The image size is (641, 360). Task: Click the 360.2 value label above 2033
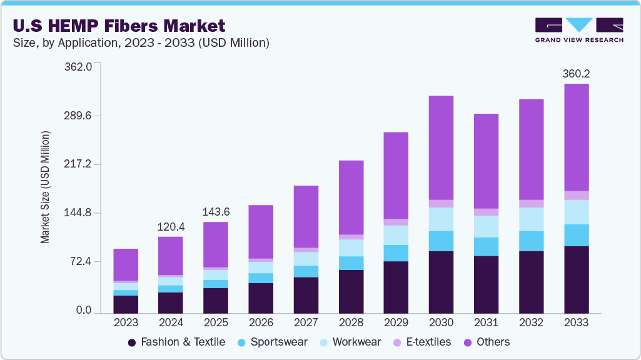(576, 74)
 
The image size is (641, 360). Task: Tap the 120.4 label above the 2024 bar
(171, 226)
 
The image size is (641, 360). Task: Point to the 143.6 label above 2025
(216, 212)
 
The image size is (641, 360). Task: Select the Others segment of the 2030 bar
(441, 147)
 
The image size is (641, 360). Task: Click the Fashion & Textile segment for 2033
(576, 279)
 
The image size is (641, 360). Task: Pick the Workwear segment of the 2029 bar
(396, 235)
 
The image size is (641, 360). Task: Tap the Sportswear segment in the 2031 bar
(486, 246)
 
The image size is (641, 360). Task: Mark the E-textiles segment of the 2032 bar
(531, 204)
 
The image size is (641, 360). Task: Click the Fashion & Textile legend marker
(132, 342)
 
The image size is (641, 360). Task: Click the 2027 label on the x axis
(306, 323)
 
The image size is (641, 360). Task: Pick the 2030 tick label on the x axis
(441, 323)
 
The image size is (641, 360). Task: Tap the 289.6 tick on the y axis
(78, 116)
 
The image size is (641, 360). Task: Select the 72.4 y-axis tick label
(81, 261)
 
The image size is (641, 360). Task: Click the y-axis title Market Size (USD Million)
(45, 187)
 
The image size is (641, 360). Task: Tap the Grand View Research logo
(578, 30)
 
